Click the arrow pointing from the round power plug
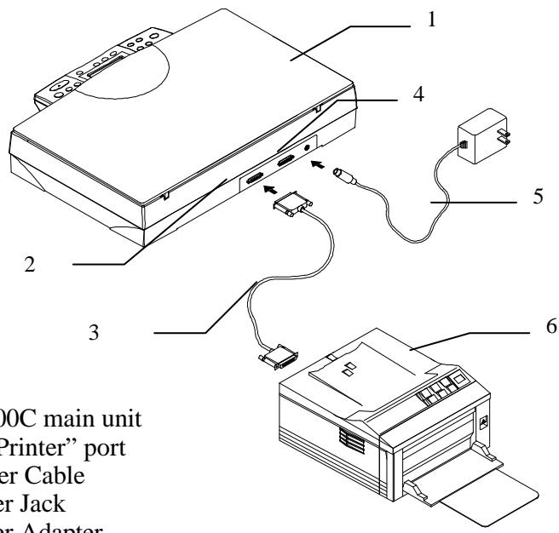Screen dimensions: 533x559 (x=317, y=163)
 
